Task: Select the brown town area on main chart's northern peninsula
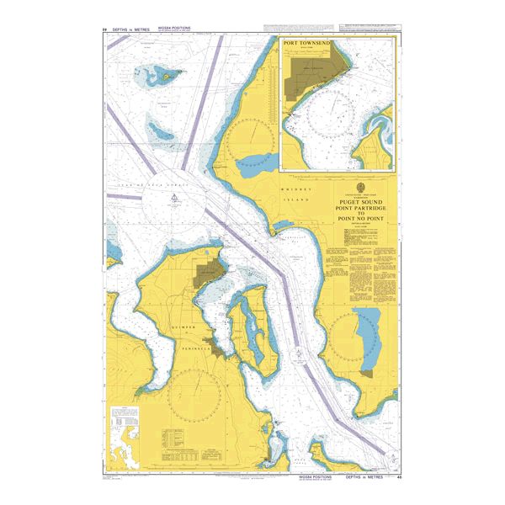coord(209,273)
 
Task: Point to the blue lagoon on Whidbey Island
coord(253,163)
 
